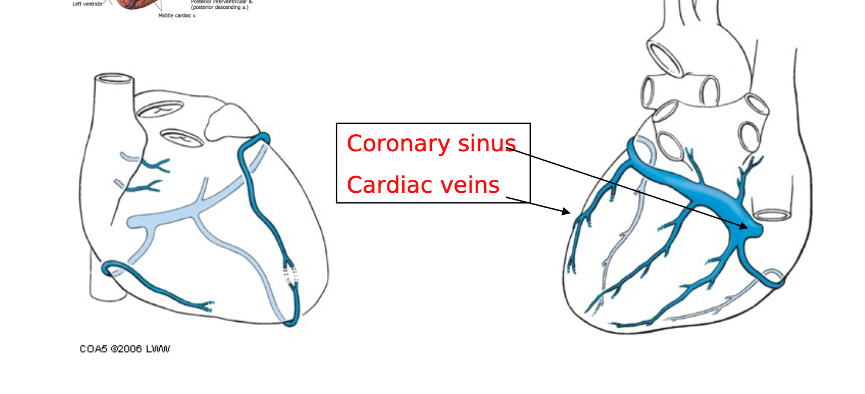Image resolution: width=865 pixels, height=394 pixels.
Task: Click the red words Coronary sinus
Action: coord(431,144)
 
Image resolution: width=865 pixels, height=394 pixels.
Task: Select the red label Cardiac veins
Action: coord(423,185)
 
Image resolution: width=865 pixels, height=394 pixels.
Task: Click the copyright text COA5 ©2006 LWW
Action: coord(125,349)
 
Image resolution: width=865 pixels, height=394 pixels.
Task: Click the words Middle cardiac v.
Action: coord(177,15)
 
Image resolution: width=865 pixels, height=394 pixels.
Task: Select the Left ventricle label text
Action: coord(87,4)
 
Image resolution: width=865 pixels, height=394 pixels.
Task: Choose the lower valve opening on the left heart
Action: coord(182,138)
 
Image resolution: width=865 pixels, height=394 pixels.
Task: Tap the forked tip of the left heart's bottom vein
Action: coord(207,307)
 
